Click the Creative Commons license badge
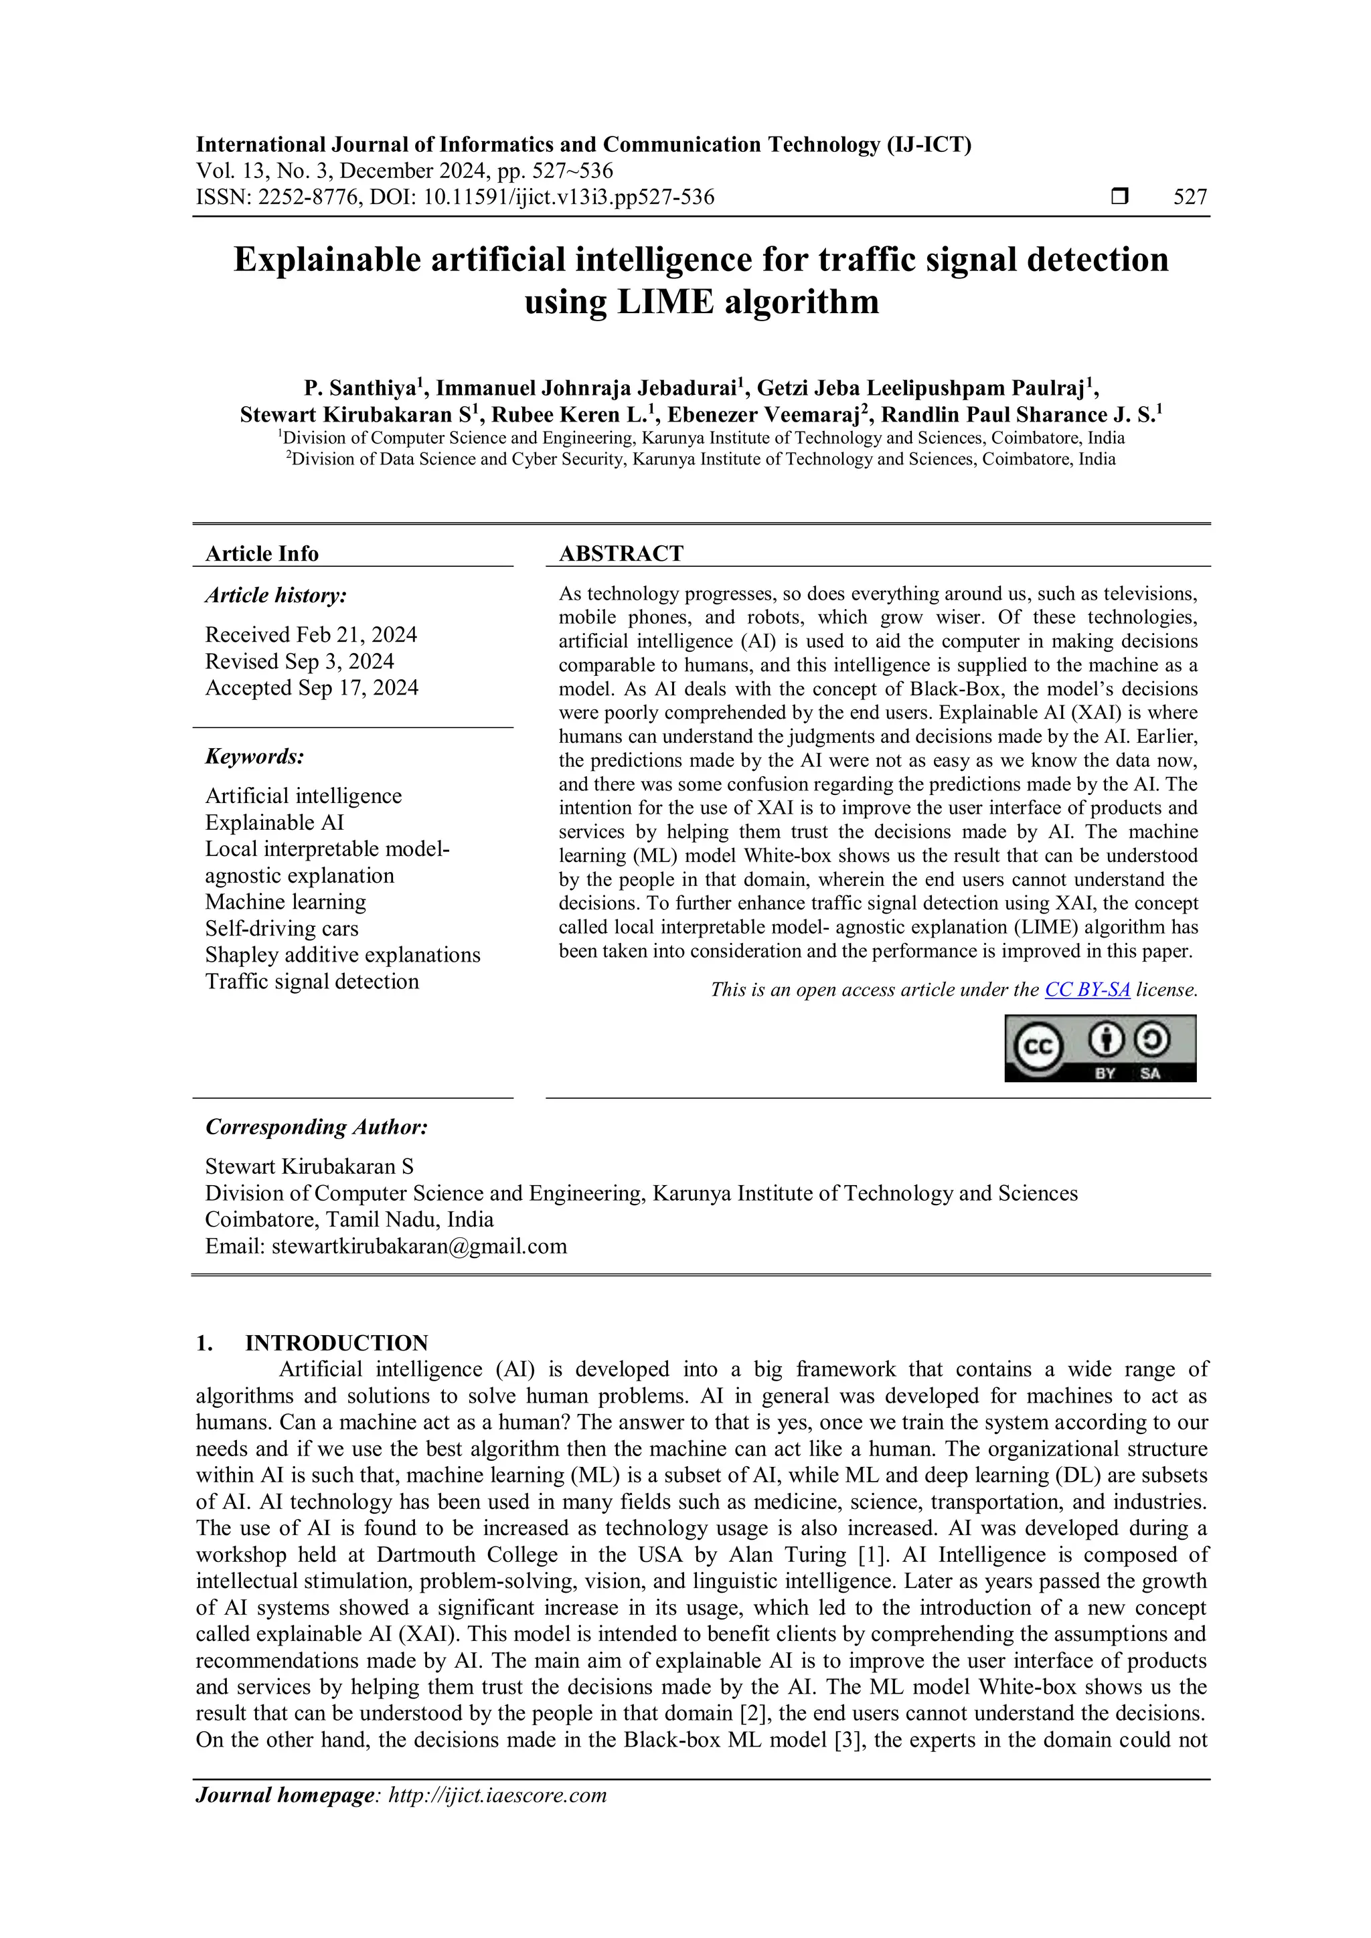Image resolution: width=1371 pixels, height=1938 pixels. (1100, 1049)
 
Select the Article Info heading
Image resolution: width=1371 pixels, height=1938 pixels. (262, 553)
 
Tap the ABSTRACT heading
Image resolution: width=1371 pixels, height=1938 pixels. (621, 553)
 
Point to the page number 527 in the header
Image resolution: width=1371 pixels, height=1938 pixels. (1190, 197)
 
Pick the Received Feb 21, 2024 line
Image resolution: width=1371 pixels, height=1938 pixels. (311, 635)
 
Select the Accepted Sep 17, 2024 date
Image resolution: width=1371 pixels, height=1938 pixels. (311, 688)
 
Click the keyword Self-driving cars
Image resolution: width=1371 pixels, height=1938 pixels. (282, 928)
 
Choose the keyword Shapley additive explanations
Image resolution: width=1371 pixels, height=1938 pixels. (343, 955)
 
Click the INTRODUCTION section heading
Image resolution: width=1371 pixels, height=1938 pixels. (336, 1343)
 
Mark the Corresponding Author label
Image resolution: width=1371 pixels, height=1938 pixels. (317, 1127)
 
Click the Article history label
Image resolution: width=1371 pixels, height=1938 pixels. (276, 595)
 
